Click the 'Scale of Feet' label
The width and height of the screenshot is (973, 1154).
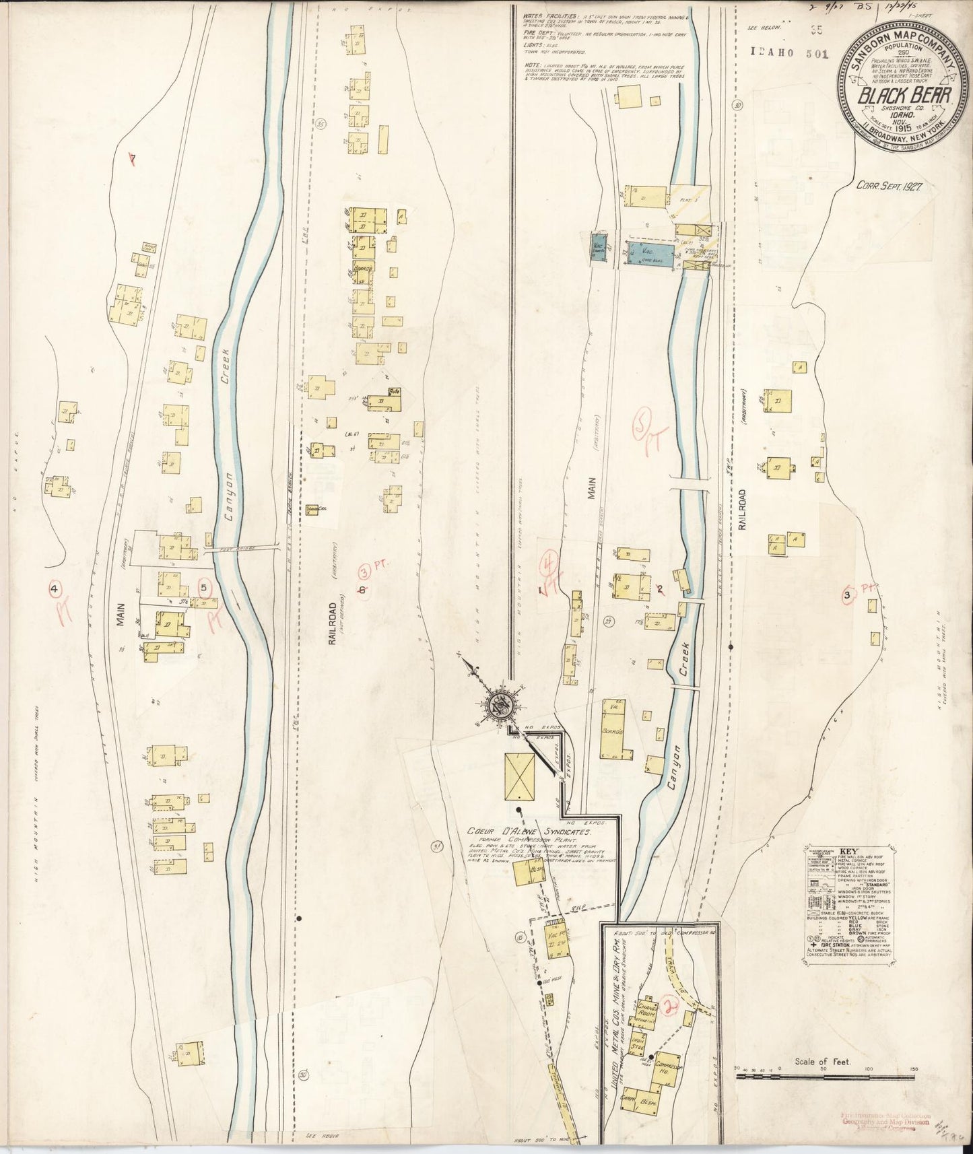click(822, 1062)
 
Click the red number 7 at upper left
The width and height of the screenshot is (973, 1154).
click(133, 159)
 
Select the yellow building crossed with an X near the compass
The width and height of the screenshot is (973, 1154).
click(520, 776)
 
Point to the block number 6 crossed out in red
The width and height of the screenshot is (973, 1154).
click(362, 590)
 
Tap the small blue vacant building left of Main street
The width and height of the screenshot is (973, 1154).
click(599, 245)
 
